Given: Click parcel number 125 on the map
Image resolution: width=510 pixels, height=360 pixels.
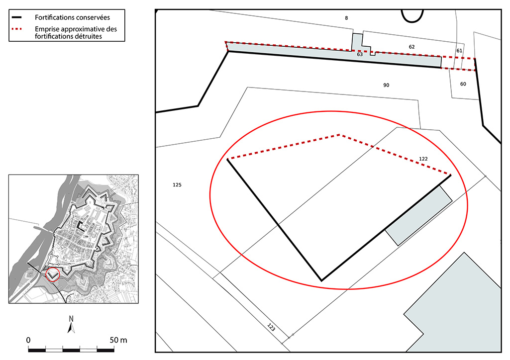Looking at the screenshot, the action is [177, 185].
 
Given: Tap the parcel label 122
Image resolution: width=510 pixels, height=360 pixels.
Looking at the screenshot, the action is [423, 159].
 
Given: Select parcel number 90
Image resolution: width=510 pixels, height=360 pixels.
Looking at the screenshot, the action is [386, 85].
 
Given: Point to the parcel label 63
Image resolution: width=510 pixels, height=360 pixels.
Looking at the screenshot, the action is [360, 54].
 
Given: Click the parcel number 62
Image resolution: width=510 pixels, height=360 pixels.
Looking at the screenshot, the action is [412, 47].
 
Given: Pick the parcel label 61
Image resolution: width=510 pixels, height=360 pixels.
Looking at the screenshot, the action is [459, 51].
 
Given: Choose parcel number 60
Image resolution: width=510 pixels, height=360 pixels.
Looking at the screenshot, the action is [463, 84].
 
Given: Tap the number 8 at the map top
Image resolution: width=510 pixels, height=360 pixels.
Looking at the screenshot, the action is [346, 18].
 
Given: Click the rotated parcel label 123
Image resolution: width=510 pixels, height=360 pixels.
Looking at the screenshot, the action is [271, 327].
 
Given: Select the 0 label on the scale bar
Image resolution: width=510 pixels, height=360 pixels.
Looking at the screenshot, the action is [28, 340].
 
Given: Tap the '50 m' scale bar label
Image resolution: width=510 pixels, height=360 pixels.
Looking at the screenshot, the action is [118, 340].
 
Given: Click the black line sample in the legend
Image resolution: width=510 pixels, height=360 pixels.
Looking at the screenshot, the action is [16, 17].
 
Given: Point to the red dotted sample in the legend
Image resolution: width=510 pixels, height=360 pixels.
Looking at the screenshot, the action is [16, 29].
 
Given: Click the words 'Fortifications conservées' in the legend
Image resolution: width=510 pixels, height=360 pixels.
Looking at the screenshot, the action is [72, 17].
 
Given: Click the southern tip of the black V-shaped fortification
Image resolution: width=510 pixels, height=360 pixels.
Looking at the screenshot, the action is [322, 280].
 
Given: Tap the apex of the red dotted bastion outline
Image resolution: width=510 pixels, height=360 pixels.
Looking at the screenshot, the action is [340, 135].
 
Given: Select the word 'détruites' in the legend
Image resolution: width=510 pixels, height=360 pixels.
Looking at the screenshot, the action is [89, 36].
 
